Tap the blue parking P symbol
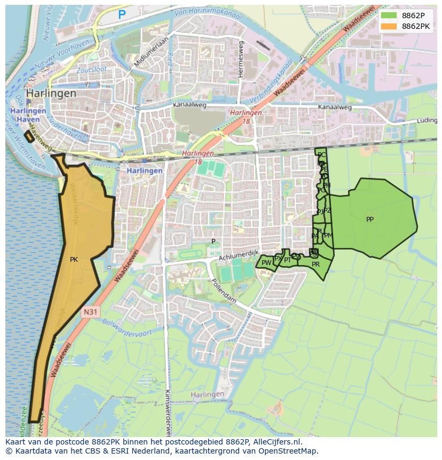(x=122, y=15)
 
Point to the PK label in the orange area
(x=74, y=260)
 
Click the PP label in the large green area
(x=370, y=220)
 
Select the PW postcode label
(x=266, y=263)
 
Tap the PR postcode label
(x=315, y=264)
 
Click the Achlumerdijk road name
(x=238, y=255)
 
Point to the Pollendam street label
(x=224, y=291)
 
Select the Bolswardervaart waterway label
(x=127, y=336)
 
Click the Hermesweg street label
(x=241, y=59)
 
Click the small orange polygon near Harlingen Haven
(x=29, y=137)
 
